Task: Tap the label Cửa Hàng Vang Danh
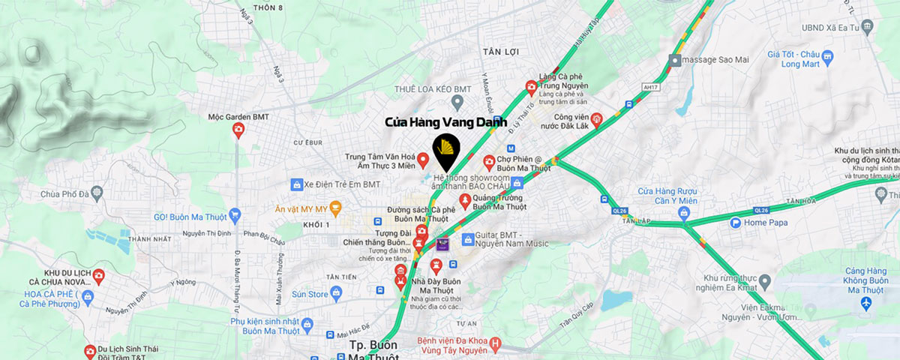pyautogui.click(x=445, y=121)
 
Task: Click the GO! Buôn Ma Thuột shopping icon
pyautogui.click(x=235, y=214)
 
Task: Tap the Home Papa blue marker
pyautogui.click(x=736, y=223)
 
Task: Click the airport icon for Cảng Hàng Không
pyautogui.click(x=868, y=302)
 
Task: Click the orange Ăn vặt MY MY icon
pyautogui.click(x=335, y=205)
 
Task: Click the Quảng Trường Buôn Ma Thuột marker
pyautogui.click(x=465, y=199)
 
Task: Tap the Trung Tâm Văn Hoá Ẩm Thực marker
pyautogui.click(x=423, y=160)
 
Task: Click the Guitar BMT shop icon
pyautogui.click(x=469, y=239)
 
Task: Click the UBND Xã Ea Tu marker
pyautogui.click(x=867, y=27)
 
